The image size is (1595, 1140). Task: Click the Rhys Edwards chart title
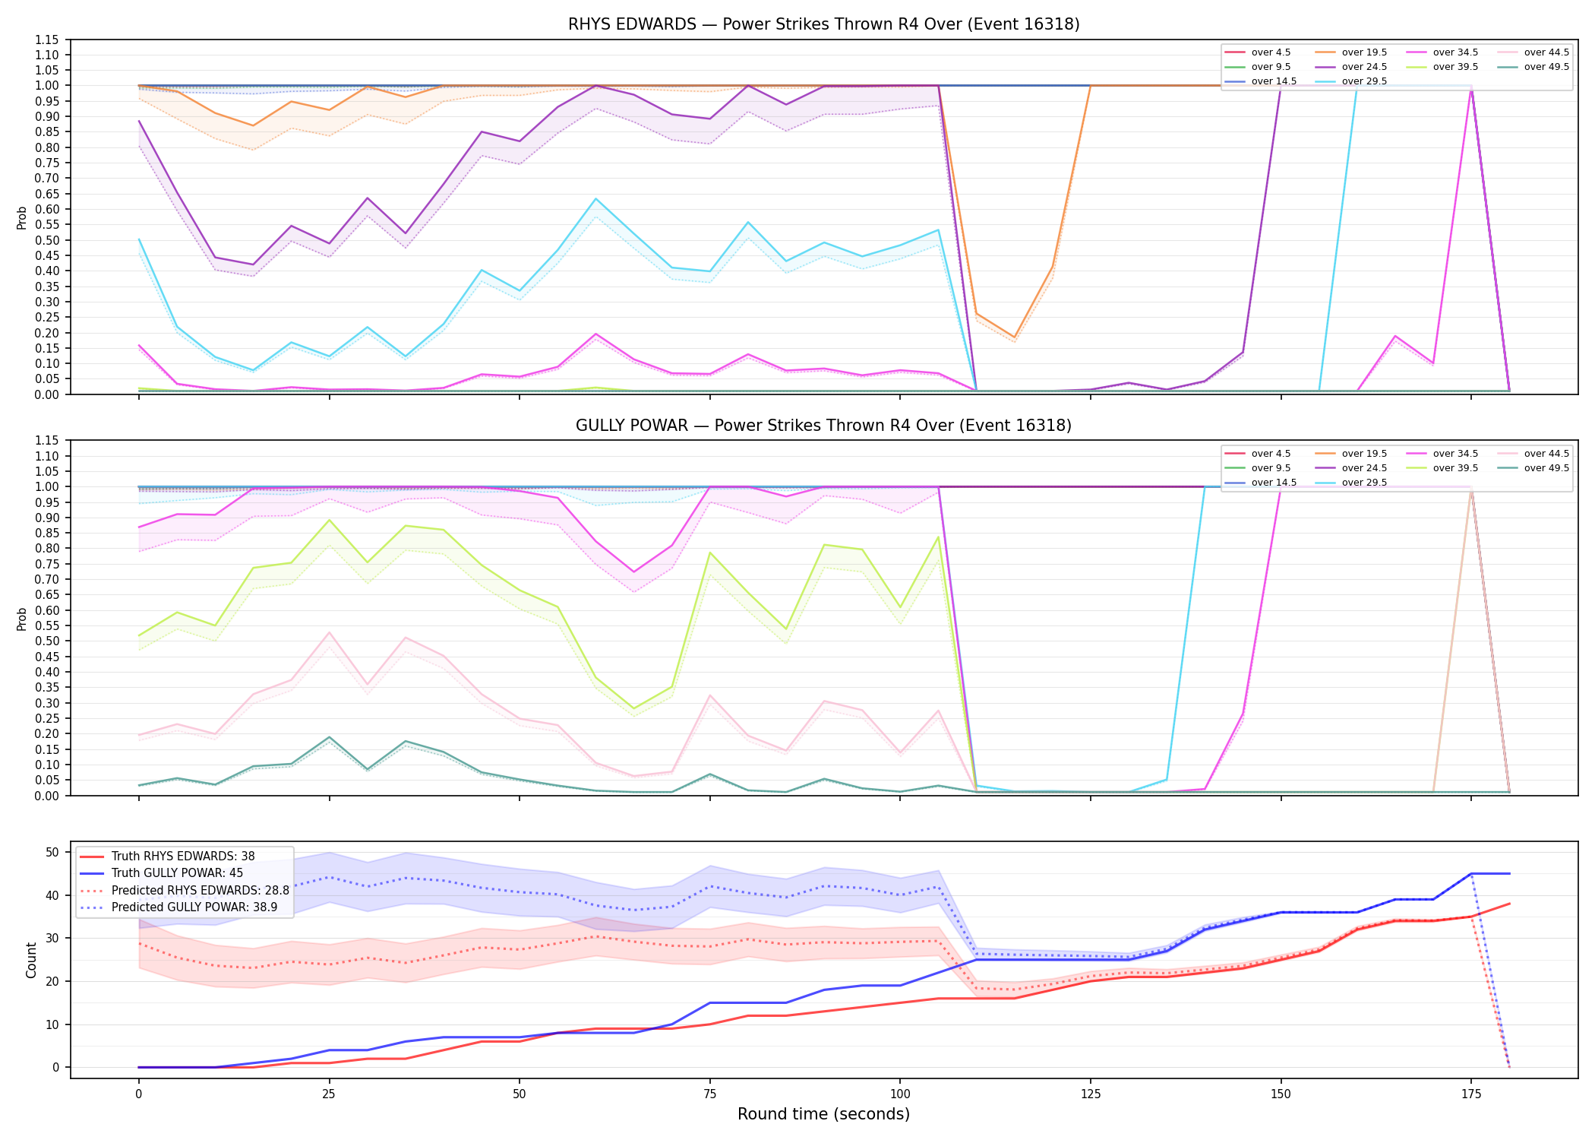tap(823, 24)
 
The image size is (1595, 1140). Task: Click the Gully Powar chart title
tap(823, 426)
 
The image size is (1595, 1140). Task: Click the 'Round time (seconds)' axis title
tap(823, 1114)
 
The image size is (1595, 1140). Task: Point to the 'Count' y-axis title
tap(31, 960)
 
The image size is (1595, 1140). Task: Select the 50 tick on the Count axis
tap(52, 852)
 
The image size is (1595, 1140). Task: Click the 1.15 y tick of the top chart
tap(46, 40)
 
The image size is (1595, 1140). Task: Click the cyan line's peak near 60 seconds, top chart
tap(595, 199)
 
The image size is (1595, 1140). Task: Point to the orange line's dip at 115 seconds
tap(1014, 337)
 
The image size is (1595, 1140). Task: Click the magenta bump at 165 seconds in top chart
tap(1395, 336)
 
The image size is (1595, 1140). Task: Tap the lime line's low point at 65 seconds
tap(633, 708)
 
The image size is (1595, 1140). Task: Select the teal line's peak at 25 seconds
tap(329, 737)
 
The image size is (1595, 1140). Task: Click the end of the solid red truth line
tap(1509, 904)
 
